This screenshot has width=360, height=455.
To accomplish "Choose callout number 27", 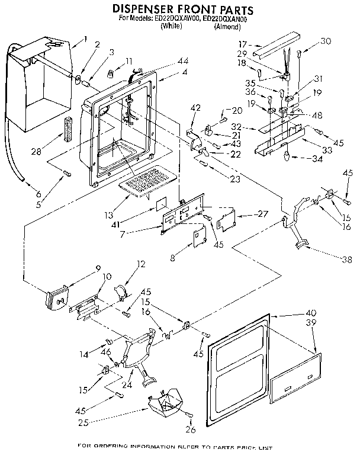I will [259, 214].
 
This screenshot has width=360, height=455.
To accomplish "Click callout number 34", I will [319, 158].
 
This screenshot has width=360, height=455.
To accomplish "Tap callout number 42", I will [195, 107].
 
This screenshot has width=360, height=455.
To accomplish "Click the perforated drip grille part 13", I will [146, 180].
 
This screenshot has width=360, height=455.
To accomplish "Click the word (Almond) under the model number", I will [227, 27].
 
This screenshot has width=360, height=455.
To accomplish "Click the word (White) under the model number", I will [171, 27].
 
